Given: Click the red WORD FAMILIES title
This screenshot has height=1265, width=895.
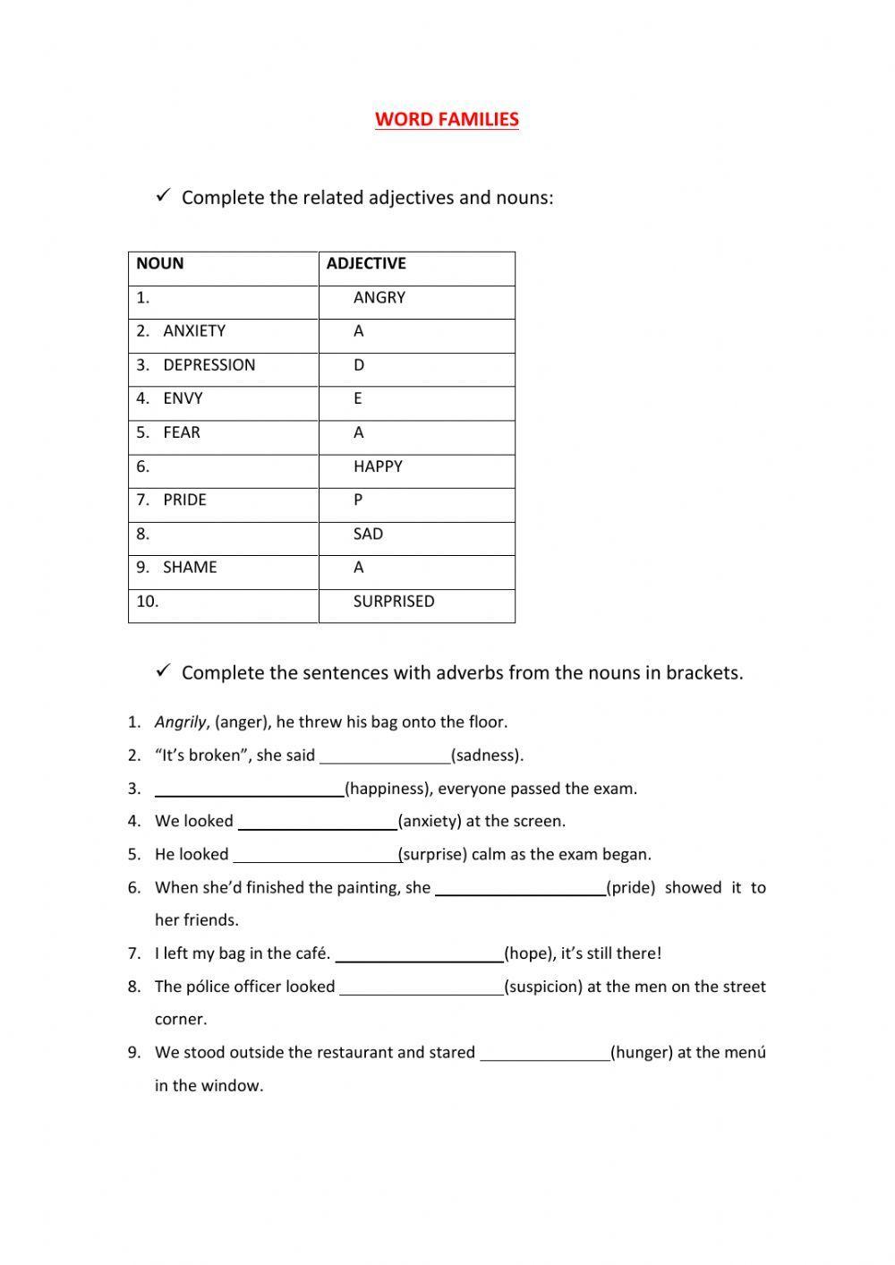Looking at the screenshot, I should click(x=447, y=119).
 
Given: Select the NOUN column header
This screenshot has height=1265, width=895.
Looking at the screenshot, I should click(x=160, y=263).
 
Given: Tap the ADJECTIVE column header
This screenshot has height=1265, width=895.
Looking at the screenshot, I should click(x=366, y=263).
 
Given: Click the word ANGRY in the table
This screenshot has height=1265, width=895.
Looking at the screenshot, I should click(x=379, y=297).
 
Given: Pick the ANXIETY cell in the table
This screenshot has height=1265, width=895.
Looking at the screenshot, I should click(x=194, y=331).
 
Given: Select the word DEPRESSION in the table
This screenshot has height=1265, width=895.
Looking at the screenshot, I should click(x=209, y=365).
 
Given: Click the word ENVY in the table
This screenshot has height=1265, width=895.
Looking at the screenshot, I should click(x=183, y=398).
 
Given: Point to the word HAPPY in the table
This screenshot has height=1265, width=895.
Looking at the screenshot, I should click(x=378, y=466).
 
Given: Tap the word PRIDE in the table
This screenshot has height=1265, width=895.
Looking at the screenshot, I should click(x=185, y=500).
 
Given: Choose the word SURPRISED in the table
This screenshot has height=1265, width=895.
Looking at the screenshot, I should click(x=394, y=602).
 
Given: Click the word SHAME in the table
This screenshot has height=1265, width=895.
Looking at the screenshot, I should click(x=190, y=568).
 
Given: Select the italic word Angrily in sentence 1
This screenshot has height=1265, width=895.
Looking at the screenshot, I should click(x=180, y=722).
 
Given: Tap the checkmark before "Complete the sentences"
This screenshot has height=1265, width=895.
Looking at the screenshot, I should click(x=163, y=671).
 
